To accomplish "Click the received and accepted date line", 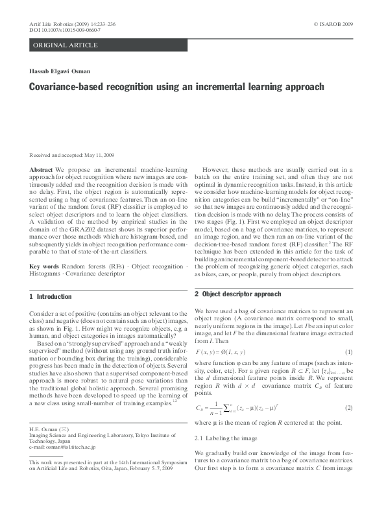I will tap(71, 156).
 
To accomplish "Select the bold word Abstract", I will tap(42, 169).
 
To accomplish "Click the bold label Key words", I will tap(45, 266).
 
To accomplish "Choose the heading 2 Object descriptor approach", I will tap(238, 294).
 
